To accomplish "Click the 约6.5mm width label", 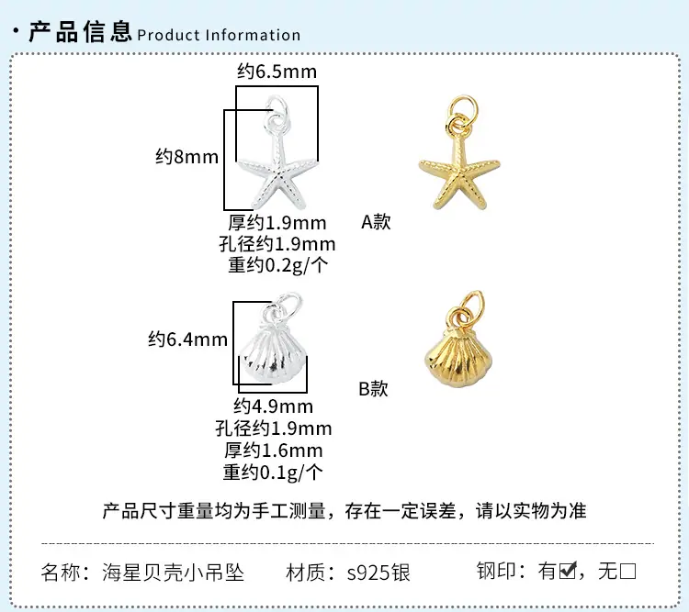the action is pos(277,72).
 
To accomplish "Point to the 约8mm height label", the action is pos(186,157).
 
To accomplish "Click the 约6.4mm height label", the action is pos(187,339).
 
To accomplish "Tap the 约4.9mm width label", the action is pos(274,406).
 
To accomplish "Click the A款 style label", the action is pos(376,222).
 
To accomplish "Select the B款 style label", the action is pos(374,389).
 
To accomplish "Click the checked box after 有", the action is pos(568,571).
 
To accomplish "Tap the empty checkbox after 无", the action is pos(628,572).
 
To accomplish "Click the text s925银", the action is pos(378,573).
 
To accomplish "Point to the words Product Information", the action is pos(219,35).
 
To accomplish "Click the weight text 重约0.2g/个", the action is pos(277,265).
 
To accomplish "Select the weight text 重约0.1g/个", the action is pos(273,473).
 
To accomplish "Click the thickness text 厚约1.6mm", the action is pos(274,451).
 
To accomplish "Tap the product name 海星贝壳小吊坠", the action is pos(173,573).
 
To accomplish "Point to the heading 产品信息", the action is pos(81,31).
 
